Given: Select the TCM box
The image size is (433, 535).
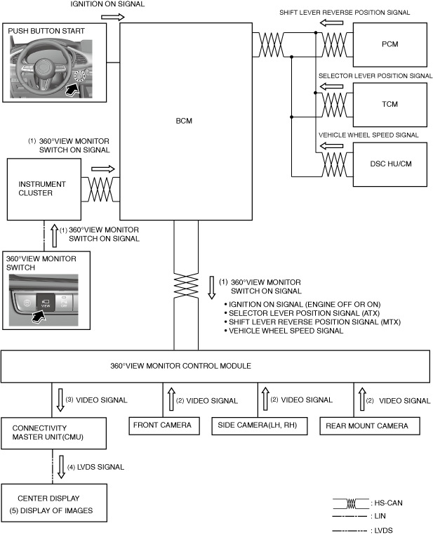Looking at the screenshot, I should tap(390, 105).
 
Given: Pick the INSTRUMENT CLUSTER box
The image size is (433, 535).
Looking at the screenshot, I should tap(44, 189).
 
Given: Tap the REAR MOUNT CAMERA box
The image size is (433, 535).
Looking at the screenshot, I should tap(363, 425).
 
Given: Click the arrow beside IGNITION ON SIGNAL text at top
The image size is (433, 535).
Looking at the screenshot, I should tap(111, 15).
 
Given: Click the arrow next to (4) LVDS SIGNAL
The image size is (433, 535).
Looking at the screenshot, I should tap(60, 466).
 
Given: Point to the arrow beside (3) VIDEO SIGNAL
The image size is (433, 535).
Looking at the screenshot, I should tap(60, 400).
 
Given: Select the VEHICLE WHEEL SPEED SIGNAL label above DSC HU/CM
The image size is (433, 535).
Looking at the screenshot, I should tap(368, 135).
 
